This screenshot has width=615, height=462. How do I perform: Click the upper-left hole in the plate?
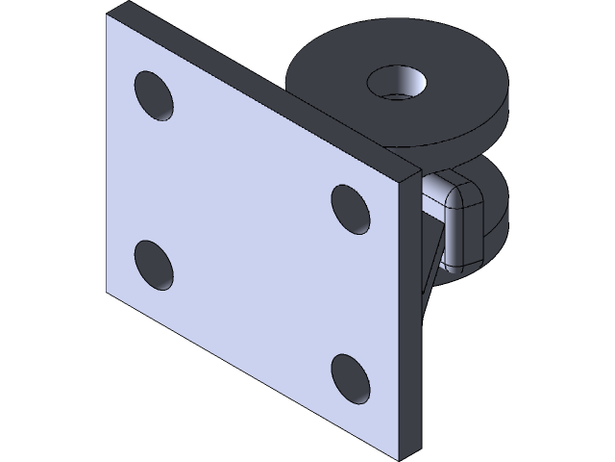(155, 95)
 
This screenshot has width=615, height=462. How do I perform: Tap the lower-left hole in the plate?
(154, 267)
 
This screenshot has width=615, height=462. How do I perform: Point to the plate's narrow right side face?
(411, 318)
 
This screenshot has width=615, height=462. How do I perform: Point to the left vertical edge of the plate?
(104, 154)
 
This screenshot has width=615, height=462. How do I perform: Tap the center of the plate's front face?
(252, 236)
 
